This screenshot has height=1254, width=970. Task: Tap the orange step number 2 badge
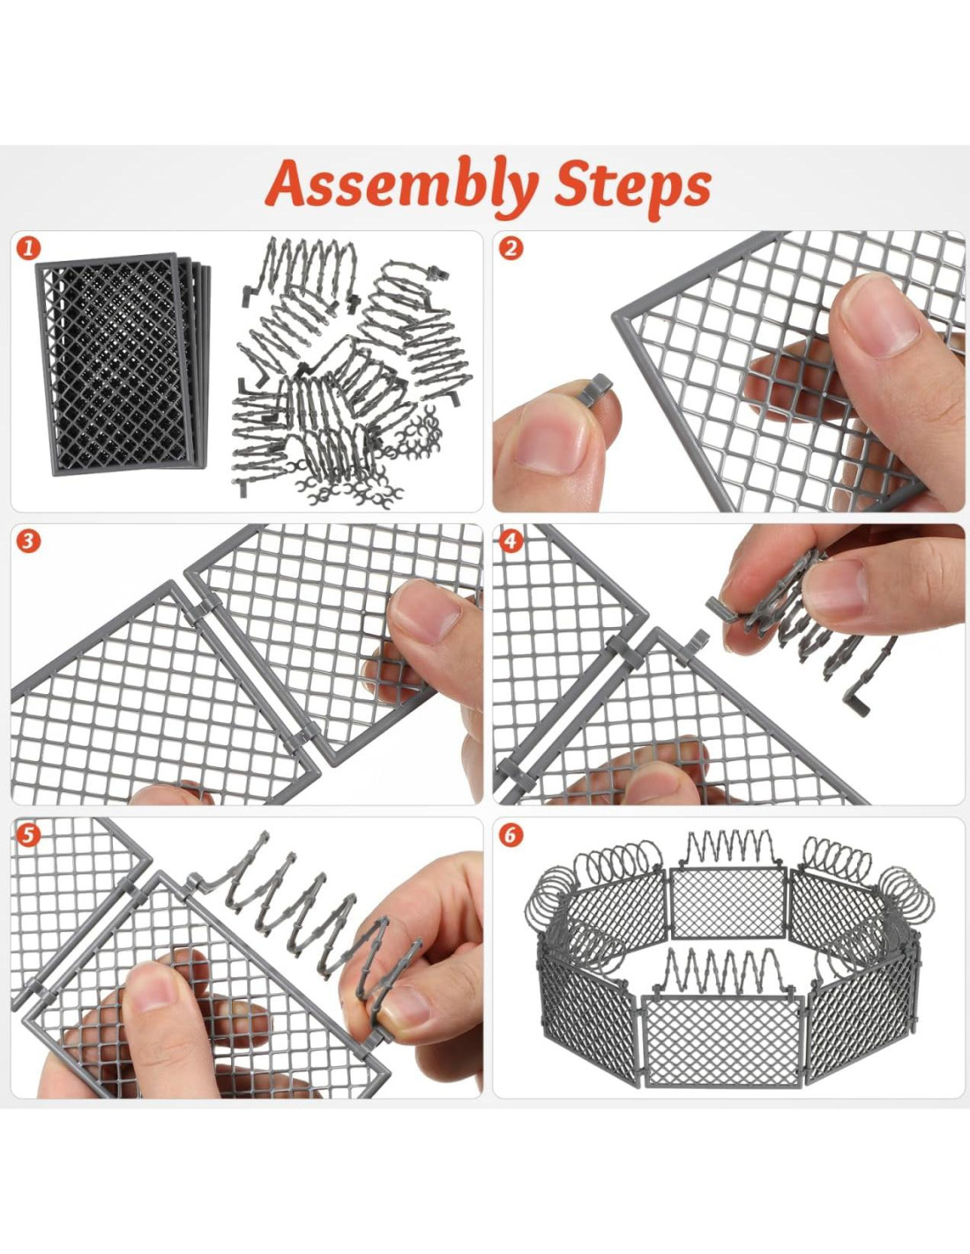coord(511,249)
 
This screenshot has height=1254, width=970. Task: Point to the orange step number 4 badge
coord(511,541)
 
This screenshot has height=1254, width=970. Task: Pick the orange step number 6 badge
coord(511,836)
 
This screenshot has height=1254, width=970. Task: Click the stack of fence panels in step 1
coord(123,363)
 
